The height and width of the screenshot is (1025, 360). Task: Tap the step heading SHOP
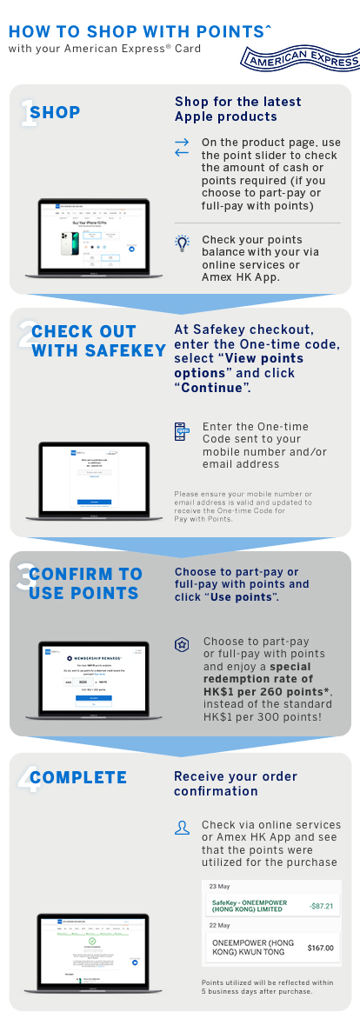55,113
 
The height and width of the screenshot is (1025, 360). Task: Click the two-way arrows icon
182,147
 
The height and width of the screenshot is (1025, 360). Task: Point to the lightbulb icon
182,243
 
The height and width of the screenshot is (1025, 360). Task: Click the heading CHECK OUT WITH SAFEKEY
97,341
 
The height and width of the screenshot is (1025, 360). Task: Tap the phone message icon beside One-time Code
182,432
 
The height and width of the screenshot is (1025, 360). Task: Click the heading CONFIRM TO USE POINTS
85,583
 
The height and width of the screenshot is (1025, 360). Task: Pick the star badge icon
182,644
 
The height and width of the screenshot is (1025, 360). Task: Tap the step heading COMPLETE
78,777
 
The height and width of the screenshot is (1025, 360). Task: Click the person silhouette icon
182,828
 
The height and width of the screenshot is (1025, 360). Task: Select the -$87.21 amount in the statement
321,906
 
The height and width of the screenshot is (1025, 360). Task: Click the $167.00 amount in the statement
321,948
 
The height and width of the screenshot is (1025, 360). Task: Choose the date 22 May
219,925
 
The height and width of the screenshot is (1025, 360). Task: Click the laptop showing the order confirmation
93,952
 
